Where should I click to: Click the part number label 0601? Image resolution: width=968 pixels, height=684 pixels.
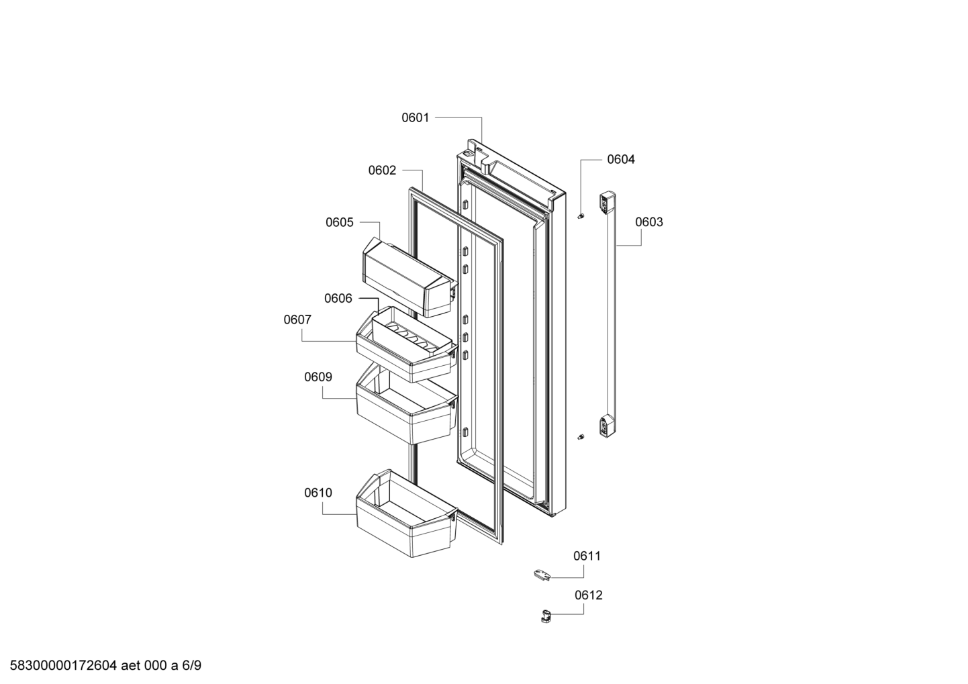tap(415, 117)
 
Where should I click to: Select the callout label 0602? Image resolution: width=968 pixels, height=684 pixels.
tap(382, 170)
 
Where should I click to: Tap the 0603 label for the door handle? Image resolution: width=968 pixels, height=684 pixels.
tap(648, 222)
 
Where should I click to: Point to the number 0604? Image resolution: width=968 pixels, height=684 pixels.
tap(621, 160)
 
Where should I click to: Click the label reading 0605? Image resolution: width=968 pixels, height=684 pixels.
tap(339, 223)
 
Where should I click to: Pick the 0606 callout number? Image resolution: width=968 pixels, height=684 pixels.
tap(338, 299)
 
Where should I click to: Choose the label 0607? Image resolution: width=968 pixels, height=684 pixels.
tap(297, 320)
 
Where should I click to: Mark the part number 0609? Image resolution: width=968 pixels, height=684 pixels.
tap(318, 377)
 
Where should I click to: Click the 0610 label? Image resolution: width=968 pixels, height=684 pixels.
tap(318, 493)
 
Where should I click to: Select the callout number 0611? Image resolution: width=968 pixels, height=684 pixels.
tap(587, 556)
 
